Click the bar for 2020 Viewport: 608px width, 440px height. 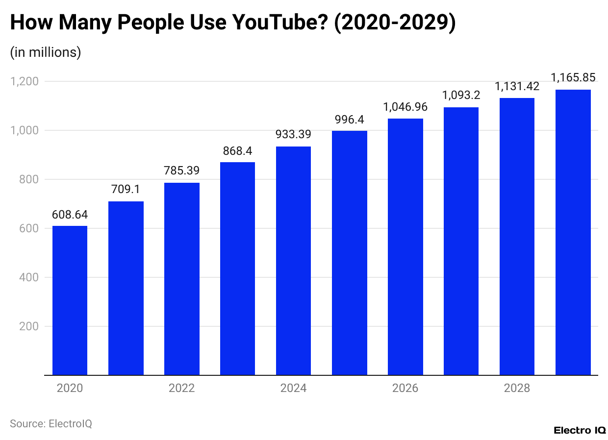coord(70,300)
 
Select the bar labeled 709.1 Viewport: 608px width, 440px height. coord(126,288)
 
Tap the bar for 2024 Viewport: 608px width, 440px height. coord(293,261)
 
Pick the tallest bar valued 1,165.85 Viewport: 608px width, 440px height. coord(573,232)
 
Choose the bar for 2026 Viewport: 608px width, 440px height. coord(405,247)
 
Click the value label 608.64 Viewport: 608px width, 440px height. coord(70,214)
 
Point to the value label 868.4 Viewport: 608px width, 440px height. coord(237,151)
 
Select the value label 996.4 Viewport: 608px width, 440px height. coord(349,120)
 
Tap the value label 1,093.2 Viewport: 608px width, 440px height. coord(461,96)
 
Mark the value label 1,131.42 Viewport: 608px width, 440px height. coord(517,87)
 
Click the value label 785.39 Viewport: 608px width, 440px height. coord(181,171)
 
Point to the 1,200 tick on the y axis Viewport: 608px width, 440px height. coord(24,81)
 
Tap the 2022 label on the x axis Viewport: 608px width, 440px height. coord(181,389)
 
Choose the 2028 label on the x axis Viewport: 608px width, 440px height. coord(517,389)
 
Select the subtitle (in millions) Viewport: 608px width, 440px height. coord(46,52)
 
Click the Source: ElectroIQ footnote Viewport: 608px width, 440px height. coord(51,424)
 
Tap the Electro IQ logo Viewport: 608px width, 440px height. coord(580,430)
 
